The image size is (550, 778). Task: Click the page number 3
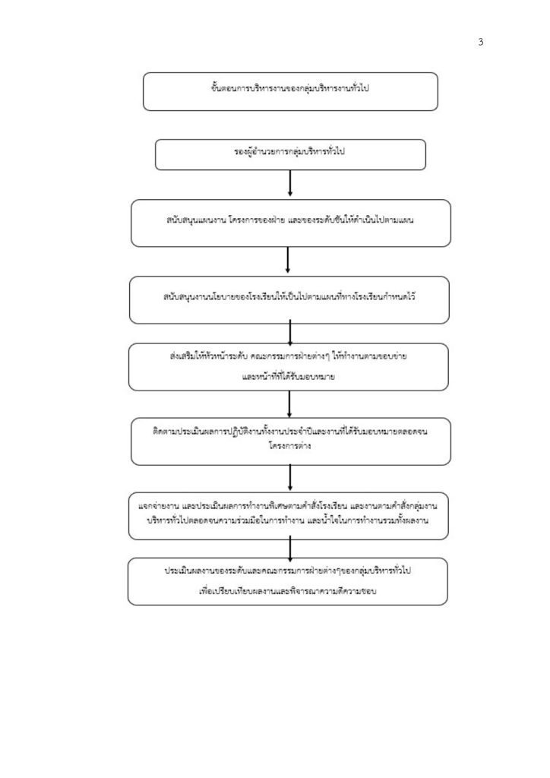[481, 43]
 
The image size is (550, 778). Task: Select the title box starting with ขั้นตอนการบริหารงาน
[290, 91]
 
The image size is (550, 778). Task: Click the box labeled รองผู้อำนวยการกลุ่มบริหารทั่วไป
[290, 155]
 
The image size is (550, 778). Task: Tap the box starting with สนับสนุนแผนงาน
[291, 223]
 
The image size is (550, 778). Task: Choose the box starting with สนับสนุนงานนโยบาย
[289, 300]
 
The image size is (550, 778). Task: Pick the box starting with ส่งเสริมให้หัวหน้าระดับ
[288, 367]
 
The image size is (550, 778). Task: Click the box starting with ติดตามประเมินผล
[291, 441]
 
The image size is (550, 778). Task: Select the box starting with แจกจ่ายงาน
[288, 516]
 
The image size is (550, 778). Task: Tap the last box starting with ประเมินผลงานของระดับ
[288, 581]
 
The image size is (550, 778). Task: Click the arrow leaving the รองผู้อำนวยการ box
[290, 183]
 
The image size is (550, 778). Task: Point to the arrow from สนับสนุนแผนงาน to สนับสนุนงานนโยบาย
[288, 260]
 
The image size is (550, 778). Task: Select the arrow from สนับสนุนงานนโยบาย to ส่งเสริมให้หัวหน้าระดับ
[290, 333]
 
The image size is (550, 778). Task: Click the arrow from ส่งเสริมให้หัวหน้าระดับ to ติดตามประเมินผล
[289, 404]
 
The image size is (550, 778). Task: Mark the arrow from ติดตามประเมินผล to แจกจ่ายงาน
[290, 478]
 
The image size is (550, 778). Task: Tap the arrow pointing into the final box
[290, 549]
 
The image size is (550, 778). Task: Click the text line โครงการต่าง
[289, 445]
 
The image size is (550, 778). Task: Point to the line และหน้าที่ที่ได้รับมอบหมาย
[288, 377]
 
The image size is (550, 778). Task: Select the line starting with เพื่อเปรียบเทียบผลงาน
[288, 591]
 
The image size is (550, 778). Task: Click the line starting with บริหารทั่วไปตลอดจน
[288, 520]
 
